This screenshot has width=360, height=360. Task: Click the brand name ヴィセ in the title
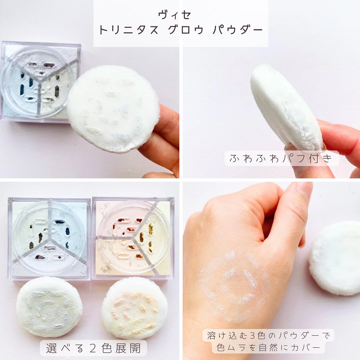pos(174,15)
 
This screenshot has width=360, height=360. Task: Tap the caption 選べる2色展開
pos(93,348)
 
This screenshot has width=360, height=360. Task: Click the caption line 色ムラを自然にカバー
pos(268,347)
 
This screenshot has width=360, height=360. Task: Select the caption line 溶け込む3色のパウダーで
pos(268,335)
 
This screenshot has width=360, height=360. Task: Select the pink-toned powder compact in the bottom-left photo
pos(133,238)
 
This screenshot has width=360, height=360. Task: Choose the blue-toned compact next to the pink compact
pos(49,239)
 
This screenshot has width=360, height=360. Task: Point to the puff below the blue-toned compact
pos(49,307)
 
